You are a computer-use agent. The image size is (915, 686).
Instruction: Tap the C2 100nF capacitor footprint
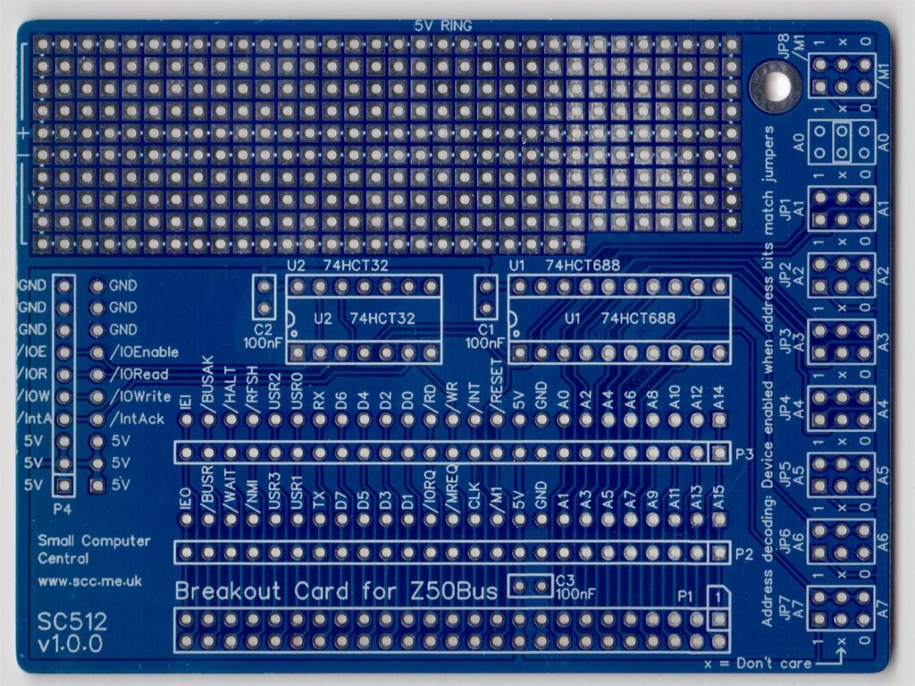264,297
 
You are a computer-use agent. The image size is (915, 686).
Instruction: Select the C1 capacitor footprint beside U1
486,297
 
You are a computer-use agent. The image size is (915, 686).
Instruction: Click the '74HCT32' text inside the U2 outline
383,318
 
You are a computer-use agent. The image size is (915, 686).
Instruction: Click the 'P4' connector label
63,508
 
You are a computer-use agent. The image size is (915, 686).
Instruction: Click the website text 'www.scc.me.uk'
89,580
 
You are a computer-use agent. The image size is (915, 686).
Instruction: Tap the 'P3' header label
744,453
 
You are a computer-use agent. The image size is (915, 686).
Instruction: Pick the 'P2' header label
744,553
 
